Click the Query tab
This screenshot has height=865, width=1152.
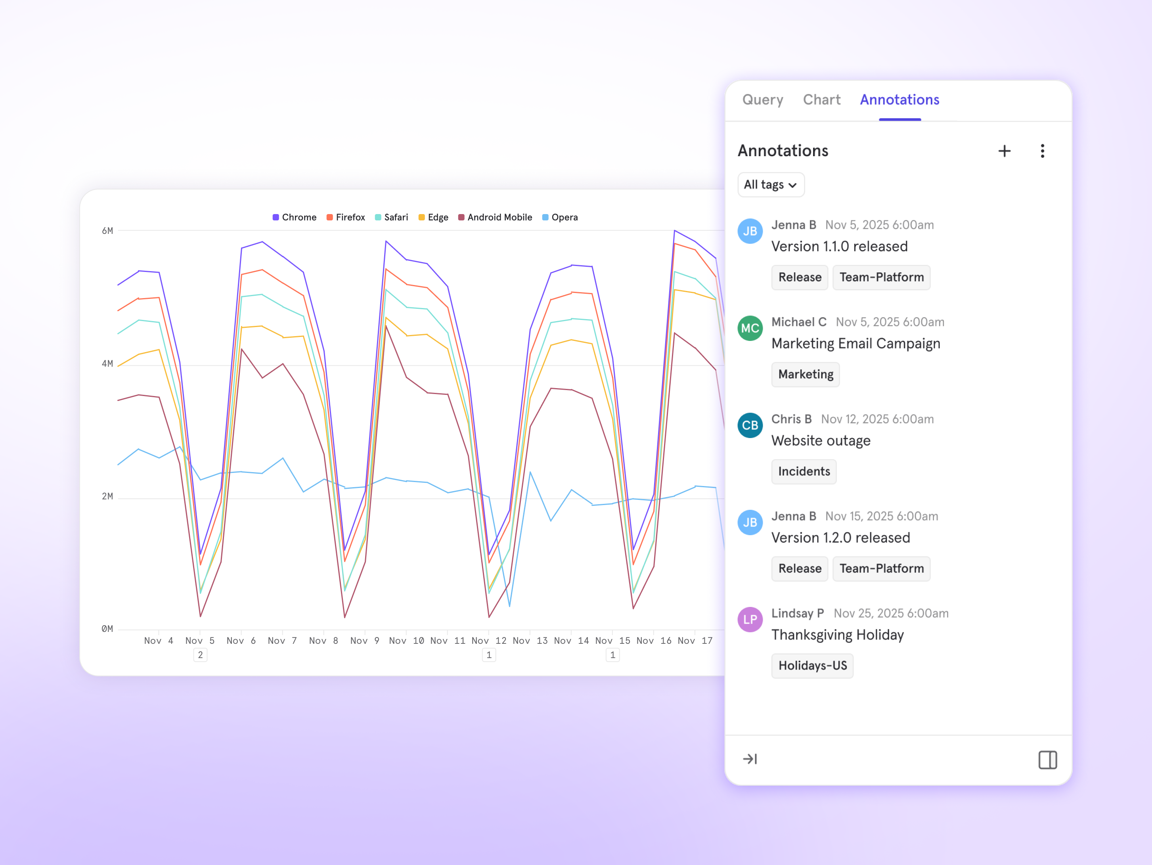pyautogui.click(x=762, y=100)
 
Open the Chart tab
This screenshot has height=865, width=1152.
pyautogui.click(x=821, y=100)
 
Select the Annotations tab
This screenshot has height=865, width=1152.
pyautogui.click(x=899, y=100)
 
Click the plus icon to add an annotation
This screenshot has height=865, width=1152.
pyautogui.click(x=1004, y=151)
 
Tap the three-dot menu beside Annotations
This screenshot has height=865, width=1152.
pyautogui.click(x=1042, y=151)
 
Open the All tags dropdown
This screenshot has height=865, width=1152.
pyautogui.click(x=771, y=185)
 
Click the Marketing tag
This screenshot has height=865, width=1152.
pyautogui.click(x=805, y=375)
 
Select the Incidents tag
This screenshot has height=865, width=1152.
pyautogui.click(x=804, y=471)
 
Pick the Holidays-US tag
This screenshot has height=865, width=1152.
pyautogui.click(x=812, y=666)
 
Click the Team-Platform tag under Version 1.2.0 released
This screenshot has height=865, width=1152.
pyautogui.click(x=881, y=569)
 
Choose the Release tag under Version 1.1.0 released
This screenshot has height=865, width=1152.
pyautogui.click(x=800, y=277)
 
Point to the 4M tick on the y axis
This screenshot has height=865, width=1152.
pyautogui.click(x=107, y=364)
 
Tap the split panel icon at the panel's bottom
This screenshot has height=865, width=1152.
pyautogui.click(x=1047, y=760)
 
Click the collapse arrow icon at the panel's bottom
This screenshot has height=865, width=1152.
pyautogui.click(x=749, y=759)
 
